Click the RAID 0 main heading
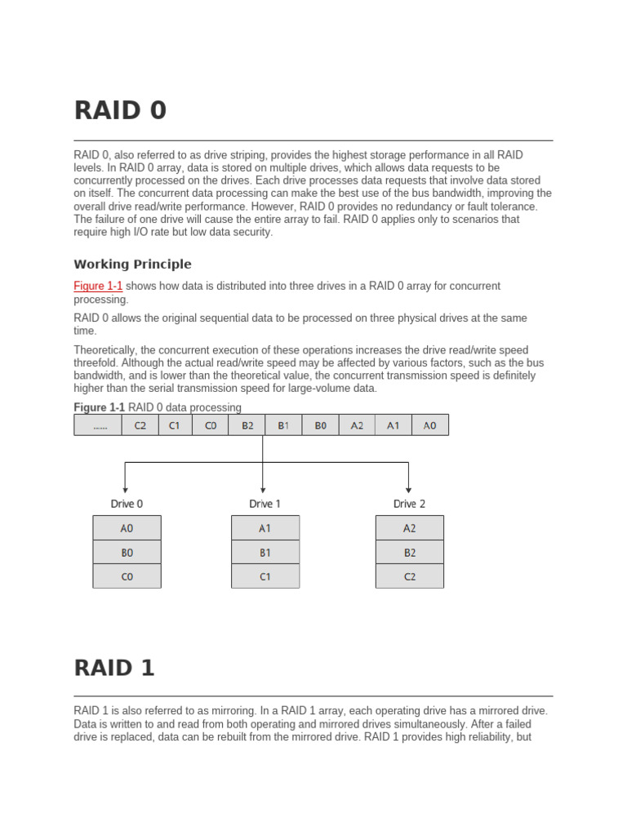[x=120, y=109]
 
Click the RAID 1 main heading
[x=114, y=667]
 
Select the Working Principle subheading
[x=132, y=264]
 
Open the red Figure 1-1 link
[x=98, y=286]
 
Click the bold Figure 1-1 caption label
[x=100, y=407]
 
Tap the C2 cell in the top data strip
[x=140, y=425]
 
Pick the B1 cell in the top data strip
[x=283, y=425]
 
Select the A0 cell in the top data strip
[x=429, y=425]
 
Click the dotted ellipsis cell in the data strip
[x=99, y=425]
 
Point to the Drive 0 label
[x=127, y=504]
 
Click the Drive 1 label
[x=265, y=504]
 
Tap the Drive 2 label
[x=409, y=504]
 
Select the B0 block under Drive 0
[x=127, y=553]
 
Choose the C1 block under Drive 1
[x=265, y=576]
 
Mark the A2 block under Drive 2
[x=409, y=528]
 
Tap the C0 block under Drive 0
[x=127, y=576]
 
